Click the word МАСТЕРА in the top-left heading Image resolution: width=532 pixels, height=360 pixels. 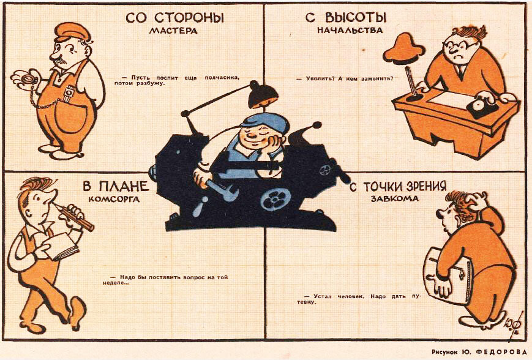174,32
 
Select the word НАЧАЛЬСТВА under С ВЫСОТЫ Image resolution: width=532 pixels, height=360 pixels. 350,29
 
